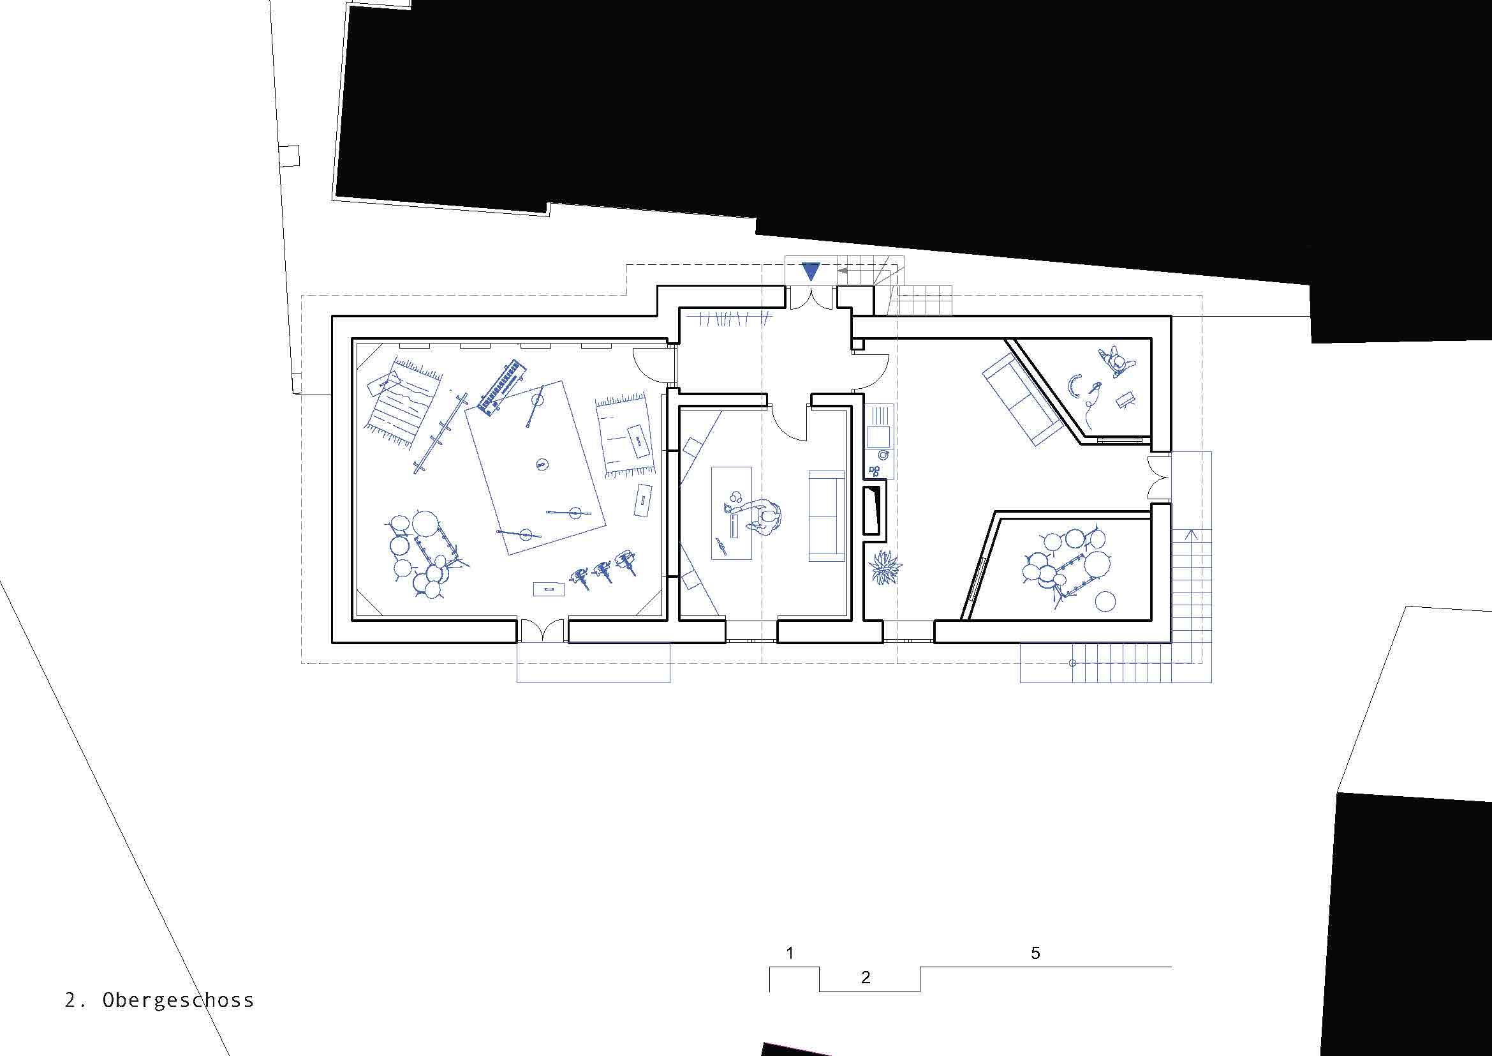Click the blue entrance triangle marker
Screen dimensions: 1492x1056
pos(811,271)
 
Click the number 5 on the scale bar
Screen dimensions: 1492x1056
pos(1035,953)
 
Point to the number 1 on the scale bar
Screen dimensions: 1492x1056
pos(790,954)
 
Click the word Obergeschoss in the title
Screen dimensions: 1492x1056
pos(178,999)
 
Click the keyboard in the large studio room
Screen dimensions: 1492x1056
pos(501,388)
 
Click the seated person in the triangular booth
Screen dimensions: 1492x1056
pos(1116,361)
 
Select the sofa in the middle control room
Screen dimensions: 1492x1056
pos(826,515)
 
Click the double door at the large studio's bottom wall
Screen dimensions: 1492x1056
pos(543,631)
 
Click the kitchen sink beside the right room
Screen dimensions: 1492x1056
pos(880,434)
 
